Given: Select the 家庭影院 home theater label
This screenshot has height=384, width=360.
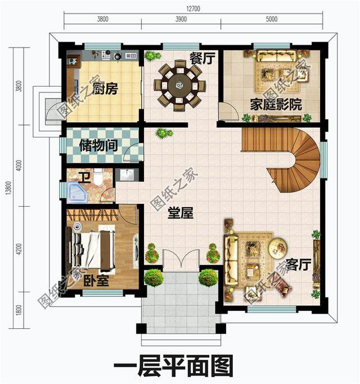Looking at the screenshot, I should (276, 105).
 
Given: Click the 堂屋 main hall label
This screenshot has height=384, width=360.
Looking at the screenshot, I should (181, 214).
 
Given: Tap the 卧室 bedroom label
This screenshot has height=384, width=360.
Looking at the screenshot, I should (97, 280).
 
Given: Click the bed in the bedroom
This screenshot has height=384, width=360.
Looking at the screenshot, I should (93, 248).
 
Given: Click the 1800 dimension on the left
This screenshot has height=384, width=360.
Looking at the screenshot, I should (20, 309).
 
